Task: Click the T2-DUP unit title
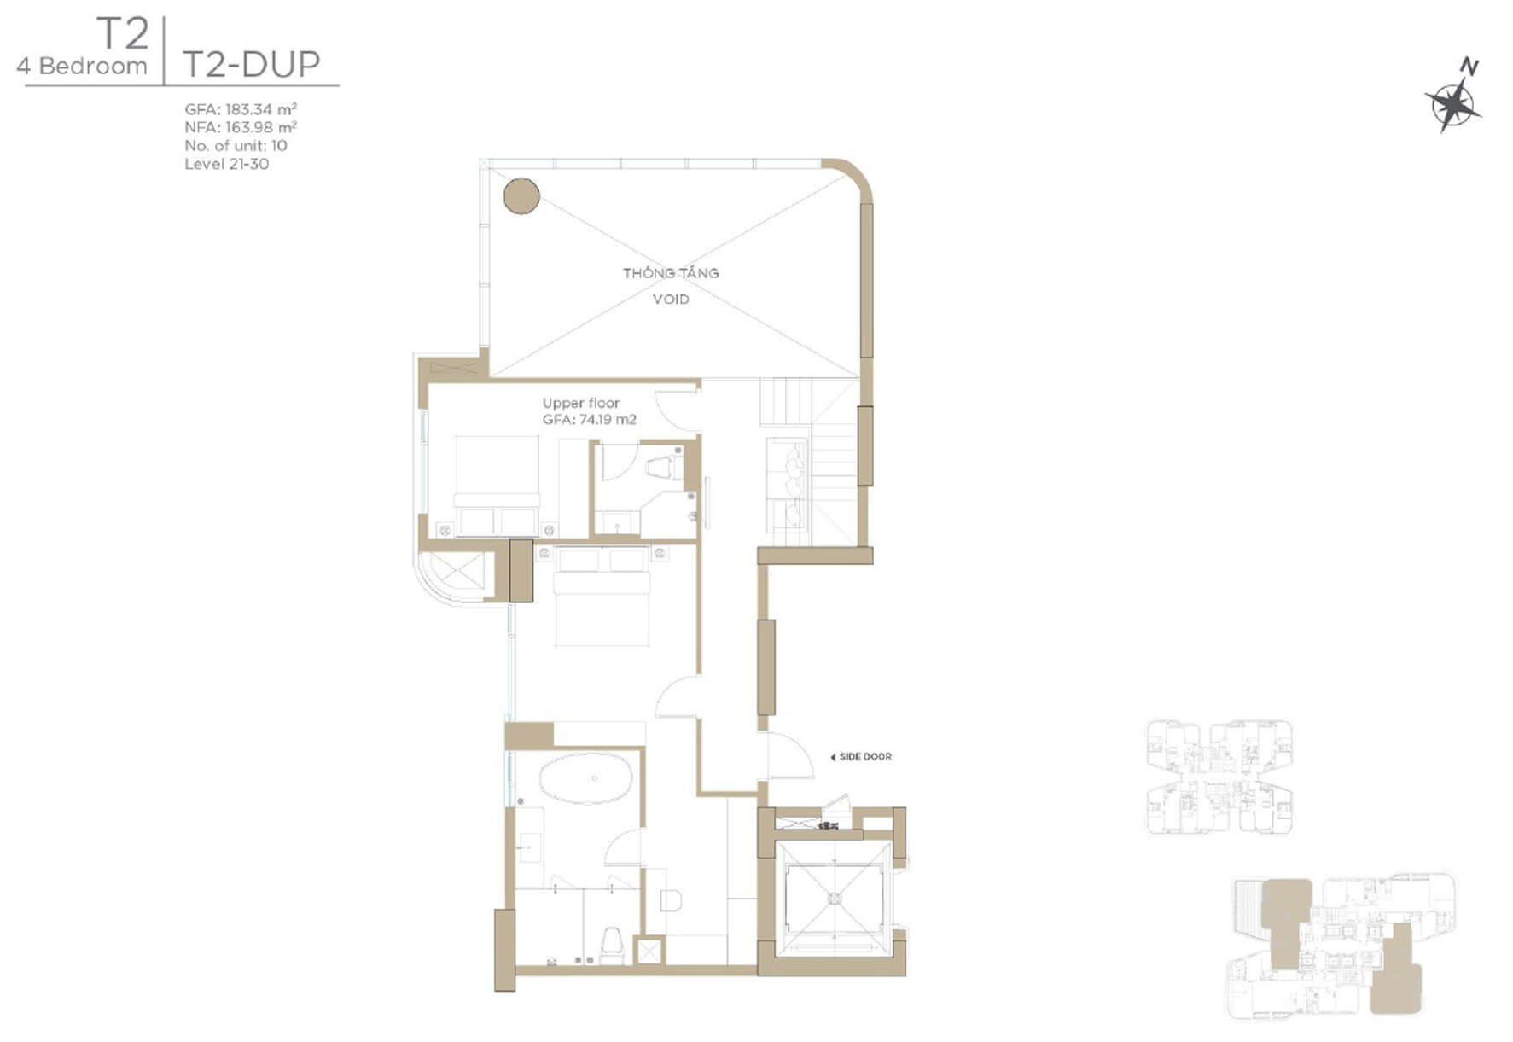pos(252,64)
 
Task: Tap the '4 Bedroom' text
pos(82,66)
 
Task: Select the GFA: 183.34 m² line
pos(241,109)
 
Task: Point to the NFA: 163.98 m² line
pos(241,127)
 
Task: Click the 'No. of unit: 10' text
pos(236,145)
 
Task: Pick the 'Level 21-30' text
pos(226,164)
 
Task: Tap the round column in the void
pos(521,195)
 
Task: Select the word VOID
pos(671,299)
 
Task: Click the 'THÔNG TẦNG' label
pos(671,273)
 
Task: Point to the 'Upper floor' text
pos(581,403)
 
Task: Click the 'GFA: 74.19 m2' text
pos(590,420)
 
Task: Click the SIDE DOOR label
pos(861,757)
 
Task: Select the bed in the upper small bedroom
pos(497,486)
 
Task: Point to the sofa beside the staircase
pos(787,485)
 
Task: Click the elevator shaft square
pos(835,899)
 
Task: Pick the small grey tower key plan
pos(1219,777)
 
